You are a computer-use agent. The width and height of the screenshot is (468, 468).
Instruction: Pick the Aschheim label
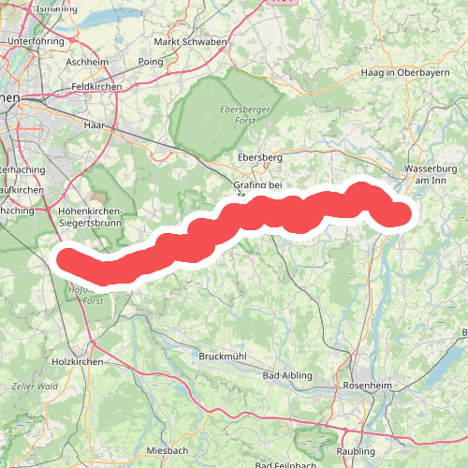(x=89, y=62)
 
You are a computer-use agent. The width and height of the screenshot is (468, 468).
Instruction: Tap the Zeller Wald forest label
(x=35, y=386)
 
